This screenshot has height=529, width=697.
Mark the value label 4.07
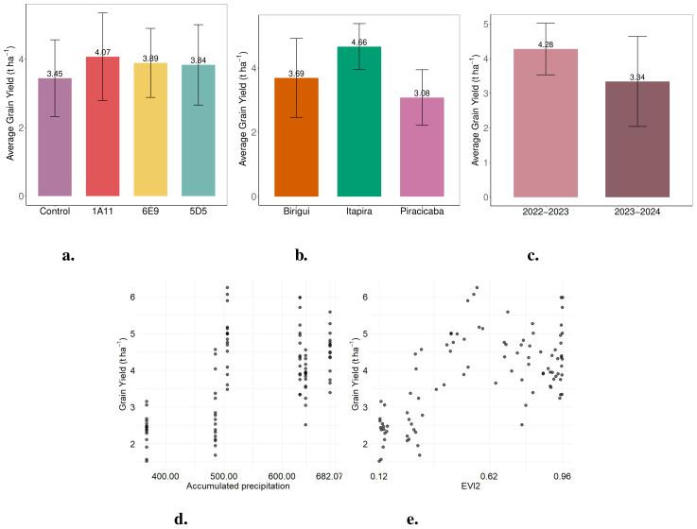pyautogui.click(x=102, y=52)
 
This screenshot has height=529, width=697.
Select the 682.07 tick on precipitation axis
pyautogui.click(x=330, y=476)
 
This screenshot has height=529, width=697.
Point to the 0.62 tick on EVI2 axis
pyautogui.click(x=488, y=476)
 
